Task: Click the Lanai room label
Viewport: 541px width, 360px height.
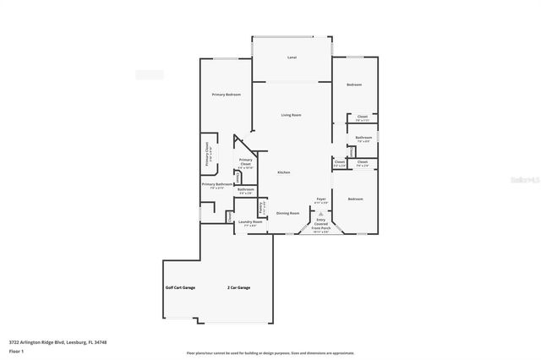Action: [x=292, y=57]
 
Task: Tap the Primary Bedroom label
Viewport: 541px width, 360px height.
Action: [x=227, y=95]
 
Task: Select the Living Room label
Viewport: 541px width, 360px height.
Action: [x=292, y=114]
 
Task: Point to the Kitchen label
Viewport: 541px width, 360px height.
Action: [x=284, y=172]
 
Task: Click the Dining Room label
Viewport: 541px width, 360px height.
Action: [x=288, y=213]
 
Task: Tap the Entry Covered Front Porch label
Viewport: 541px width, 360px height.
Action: [x=321, y=224]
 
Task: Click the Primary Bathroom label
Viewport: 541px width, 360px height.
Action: [x=216, y=185]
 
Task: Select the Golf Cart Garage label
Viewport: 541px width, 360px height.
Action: [x=180, y=287]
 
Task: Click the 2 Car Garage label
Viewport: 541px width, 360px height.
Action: [x=239, y=287]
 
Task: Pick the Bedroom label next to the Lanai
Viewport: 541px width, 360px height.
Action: [x=354, y=85]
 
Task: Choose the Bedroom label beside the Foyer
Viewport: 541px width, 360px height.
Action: [x=355, y=199]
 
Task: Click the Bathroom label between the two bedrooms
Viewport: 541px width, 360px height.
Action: [x=363, y=139]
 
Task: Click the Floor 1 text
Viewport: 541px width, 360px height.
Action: [x=15, y=351]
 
